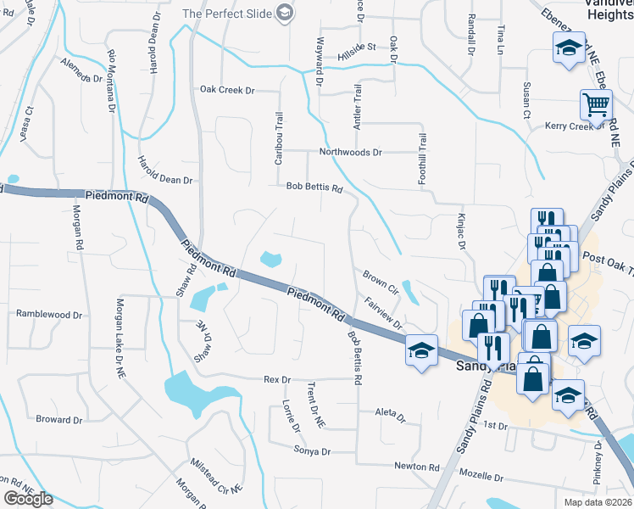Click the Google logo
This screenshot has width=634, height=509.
(30, 500)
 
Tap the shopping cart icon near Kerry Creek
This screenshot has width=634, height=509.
(597, 105)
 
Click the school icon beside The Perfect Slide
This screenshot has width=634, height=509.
(285, 13)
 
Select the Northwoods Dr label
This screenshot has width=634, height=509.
(351, 153)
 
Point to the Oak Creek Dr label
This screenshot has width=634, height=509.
(227, 90)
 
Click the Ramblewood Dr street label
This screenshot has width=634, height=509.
(50, 314)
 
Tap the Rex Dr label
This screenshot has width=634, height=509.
(277, 379)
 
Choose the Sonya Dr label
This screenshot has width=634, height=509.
(312, 451)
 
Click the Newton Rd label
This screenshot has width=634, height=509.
(417, 467)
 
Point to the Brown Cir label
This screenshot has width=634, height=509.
(381, 277)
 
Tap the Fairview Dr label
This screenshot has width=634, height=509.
(382, 312)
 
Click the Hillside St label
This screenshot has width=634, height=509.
(357, 47)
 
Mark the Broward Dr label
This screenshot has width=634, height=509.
(59, 420)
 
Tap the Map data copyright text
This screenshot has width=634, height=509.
(598, 502)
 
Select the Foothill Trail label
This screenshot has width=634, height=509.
(422, 149)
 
